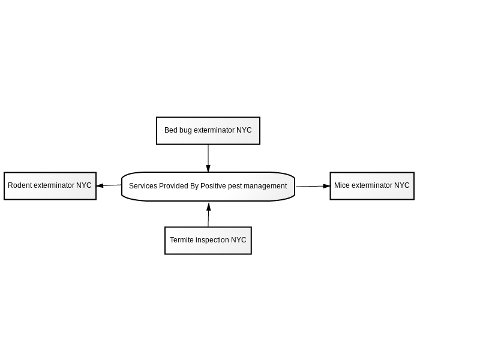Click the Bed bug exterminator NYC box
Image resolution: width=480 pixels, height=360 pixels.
(x=208, y=131)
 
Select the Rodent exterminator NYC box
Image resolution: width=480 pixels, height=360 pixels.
(x=50, y=186)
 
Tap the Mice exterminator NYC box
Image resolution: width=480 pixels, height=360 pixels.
(x=372, y=186)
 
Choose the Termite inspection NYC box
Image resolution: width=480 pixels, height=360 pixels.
(x=208, y=241)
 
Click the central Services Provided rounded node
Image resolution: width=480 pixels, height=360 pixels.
(x=208, y=187)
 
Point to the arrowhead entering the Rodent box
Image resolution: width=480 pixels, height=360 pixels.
(x=100, y=185)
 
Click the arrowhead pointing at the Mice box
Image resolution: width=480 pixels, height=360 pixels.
(x=326, y=186)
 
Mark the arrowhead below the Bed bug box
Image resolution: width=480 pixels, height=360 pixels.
(x=208, y=169)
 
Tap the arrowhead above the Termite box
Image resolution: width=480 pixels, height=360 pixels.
(x=209, y=206)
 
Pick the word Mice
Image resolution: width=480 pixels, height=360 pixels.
(x=342, y=185)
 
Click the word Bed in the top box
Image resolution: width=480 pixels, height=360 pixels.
(x=171, y=130)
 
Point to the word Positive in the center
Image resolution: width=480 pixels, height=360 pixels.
(x=213, y=186)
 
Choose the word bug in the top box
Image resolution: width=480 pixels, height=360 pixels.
(x=185, y=130)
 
